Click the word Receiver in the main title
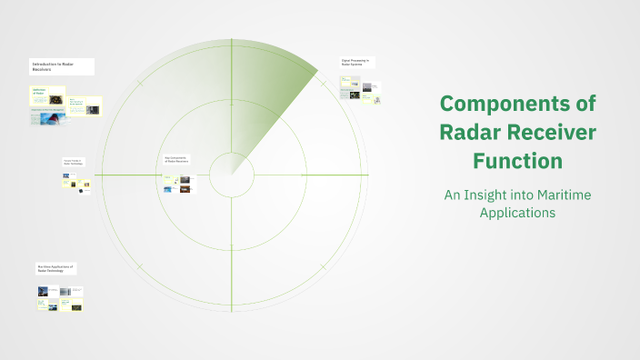[554, 133]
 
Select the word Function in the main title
[517, 162]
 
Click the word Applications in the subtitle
[517, 213]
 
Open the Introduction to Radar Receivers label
[54, 66]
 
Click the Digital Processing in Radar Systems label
[355, 63]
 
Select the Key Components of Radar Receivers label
[175, 158]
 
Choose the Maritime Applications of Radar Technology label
[56, 269]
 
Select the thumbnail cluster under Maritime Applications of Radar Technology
[60, 299]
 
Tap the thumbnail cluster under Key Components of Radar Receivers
[177, 184]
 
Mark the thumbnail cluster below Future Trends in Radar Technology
[75, 184]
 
